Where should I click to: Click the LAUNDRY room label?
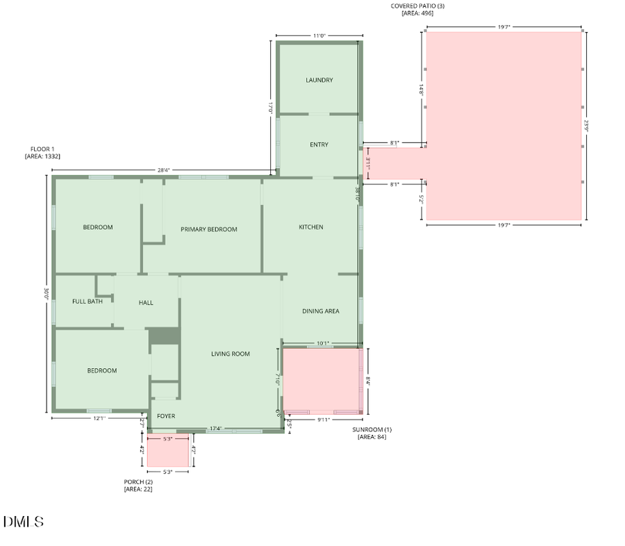[x=319, y=80]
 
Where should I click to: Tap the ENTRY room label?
[x=319, y=144]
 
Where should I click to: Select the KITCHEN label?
[x=310, y=227]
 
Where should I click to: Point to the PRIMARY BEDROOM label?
[x=209, y=229]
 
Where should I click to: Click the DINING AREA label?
[x=321, y=311]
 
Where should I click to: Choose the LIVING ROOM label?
[x=231, y=354]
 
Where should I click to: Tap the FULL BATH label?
[x=87, y=301]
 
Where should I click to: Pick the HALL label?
[x=146, y=303]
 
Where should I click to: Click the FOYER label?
[x=166, y=416]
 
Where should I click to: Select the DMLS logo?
[x=24, y=522]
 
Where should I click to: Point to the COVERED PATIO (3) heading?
[x=417, y=6]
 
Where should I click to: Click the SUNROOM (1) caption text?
[x=372, y=430]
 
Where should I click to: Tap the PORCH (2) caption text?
[x=137, y=481]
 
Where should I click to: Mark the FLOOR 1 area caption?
[x=42, y=149]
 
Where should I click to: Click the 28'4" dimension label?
[x=164, y=169]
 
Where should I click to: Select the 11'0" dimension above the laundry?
[x=319, y=35]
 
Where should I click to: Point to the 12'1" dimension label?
[x=99, y=418]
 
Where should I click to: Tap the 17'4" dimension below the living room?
[x=215, y=429]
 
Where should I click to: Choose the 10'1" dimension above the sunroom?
[x=322, y=342]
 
